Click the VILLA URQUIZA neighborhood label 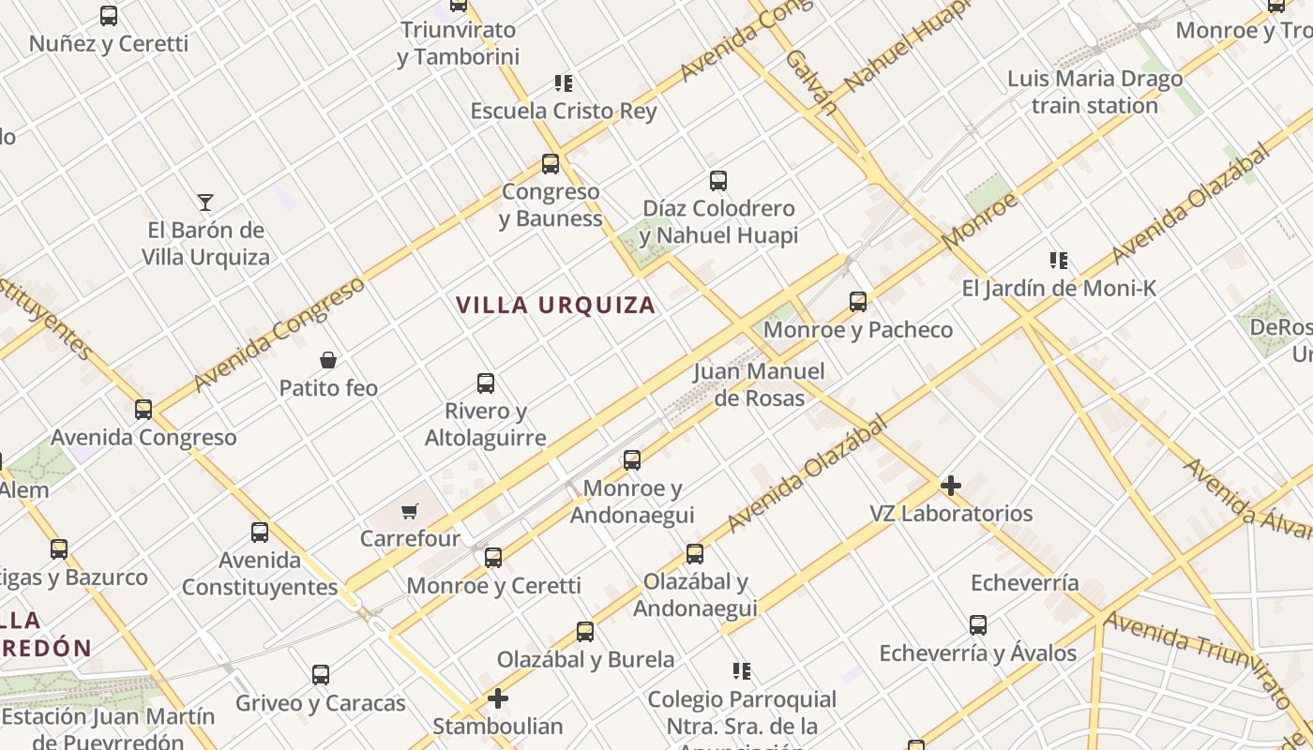coord(555,306)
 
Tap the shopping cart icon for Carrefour coord(409,512)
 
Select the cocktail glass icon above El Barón coord(205,202)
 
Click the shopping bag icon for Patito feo coord(328,360)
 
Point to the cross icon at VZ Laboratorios coord(951,486)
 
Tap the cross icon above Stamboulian coord(498,698)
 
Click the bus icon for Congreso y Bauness coord(551,164)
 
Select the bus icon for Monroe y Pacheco coord(858,302)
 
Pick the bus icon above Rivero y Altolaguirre coord(486,383)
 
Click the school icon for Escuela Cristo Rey coord(563,83)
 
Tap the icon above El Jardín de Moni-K coord(1059,260)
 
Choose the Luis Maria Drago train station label coord(1094,92)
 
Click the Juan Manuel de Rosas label coord(759,384)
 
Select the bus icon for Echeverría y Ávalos coord(978,625)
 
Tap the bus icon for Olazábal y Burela coord(585,632)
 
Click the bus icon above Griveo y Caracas coord(321,675)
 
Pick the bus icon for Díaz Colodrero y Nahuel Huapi coord(718,181)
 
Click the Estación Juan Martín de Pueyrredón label coord(108,727)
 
